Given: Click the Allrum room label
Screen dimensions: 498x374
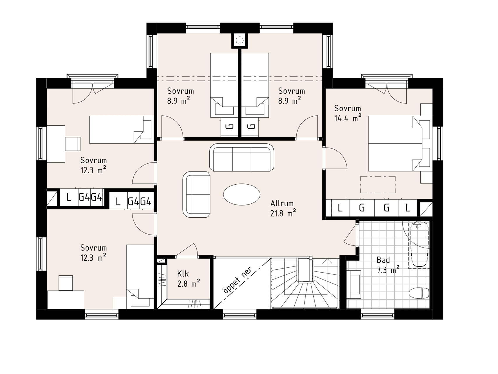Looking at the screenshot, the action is click(x=282, y=203).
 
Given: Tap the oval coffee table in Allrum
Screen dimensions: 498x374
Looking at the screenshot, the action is click(x=242, y=194).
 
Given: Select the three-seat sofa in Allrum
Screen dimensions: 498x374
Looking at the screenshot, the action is click(x=242, y=157).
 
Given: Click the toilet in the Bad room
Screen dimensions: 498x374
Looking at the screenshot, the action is click(x=419, y=293).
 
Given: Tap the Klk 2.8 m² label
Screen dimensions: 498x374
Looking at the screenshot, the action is click(x=188, y=278).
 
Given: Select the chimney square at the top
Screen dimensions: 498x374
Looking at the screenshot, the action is click(x=240, y=41).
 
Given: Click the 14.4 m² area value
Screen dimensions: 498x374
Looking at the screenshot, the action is click(x=347, y=118).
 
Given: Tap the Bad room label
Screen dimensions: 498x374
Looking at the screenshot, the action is click(x=383, y=260).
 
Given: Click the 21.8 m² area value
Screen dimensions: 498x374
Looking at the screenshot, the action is click(x=283, y=213).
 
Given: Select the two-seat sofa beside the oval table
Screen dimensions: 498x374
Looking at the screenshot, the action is click(x=196, y=195).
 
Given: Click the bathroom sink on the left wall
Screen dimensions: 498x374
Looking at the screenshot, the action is click(x=354, y=284).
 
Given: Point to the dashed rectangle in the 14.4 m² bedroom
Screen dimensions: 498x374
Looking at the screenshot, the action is click(x=378, y=185).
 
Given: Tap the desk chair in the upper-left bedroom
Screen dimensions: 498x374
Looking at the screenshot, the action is click(x=72, y=144).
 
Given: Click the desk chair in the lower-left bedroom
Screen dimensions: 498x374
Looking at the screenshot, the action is click(x=66, y=283).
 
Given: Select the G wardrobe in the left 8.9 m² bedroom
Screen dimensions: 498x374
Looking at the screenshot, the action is click(x=230, y=127).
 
